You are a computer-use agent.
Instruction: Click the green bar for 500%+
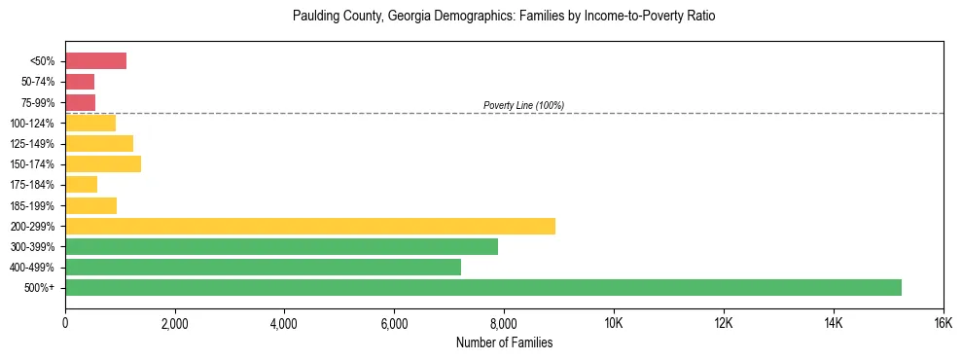(x=483, y=287)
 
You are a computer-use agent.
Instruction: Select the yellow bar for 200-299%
(x=310, y=226)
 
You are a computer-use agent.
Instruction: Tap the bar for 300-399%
(x=281, y=246)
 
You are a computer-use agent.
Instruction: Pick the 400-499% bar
(x=263, y=267)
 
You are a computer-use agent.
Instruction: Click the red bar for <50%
(x=95, y=61)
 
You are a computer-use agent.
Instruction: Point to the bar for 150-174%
(x=103, y=163)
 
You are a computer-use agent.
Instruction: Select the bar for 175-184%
(x=81, y=184)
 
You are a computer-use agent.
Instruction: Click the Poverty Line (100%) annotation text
(x=523, y=105)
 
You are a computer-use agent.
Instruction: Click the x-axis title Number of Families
(x=504, y=342)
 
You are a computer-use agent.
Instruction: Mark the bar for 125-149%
(x=99, y=143)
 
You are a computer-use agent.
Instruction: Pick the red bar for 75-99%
(x=80, y=102)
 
